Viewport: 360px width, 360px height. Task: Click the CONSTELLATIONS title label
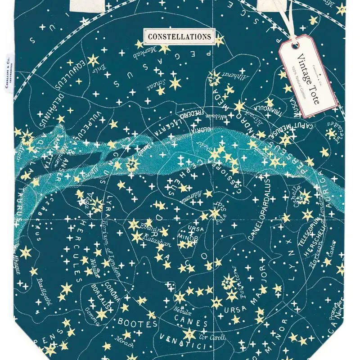(x=179, y=36)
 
